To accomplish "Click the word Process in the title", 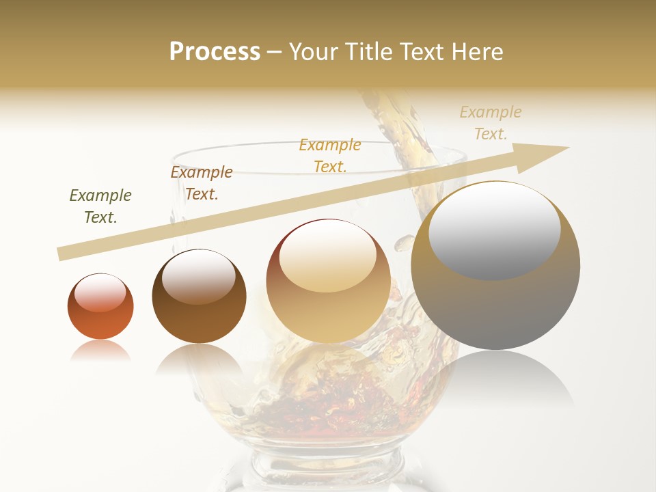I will click(x=215, y=52).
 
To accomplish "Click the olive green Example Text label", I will click(x=100, y=206).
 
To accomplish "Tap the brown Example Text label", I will click(x=202, y=182).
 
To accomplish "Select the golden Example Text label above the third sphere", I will click(x=330, y=155).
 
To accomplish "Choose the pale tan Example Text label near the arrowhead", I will click(x=491, y=123).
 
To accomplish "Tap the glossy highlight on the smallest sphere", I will click(x=100, y=293).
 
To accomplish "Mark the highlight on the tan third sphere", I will click(x=328, y=255).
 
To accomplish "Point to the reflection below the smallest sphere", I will click(x=100, y=351).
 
